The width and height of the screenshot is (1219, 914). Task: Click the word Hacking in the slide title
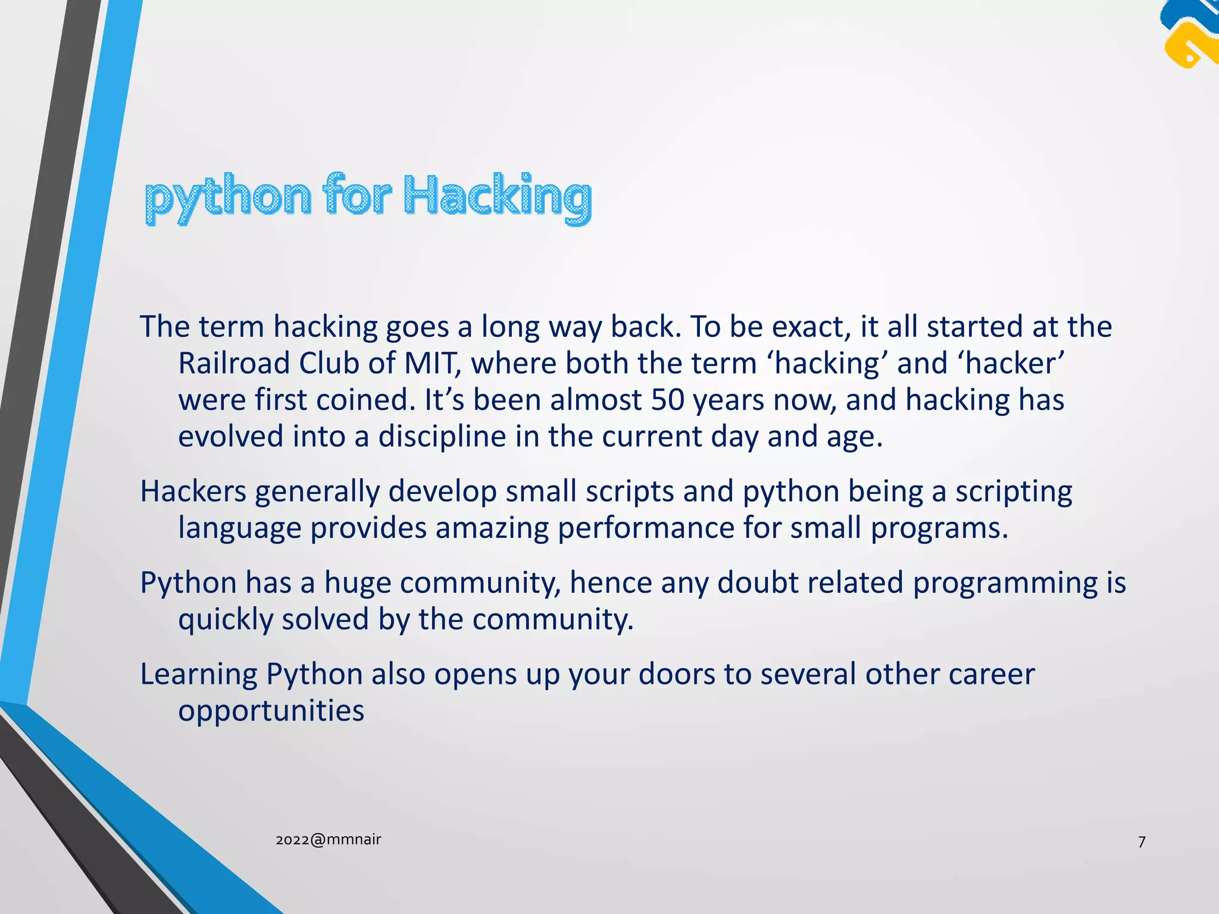coord(498,196)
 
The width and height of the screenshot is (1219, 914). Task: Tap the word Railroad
coord(234,363)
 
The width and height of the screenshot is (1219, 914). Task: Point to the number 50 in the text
coord(667,400)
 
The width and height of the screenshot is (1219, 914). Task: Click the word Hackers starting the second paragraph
coord(193,492)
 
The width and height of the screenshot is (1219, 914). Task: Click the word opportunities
coord(271,712)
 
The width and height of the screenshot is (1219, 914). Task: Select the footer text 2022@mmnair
coord(328,840)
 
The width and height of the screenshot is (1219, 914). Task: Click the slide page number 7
coord(1142,842)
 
